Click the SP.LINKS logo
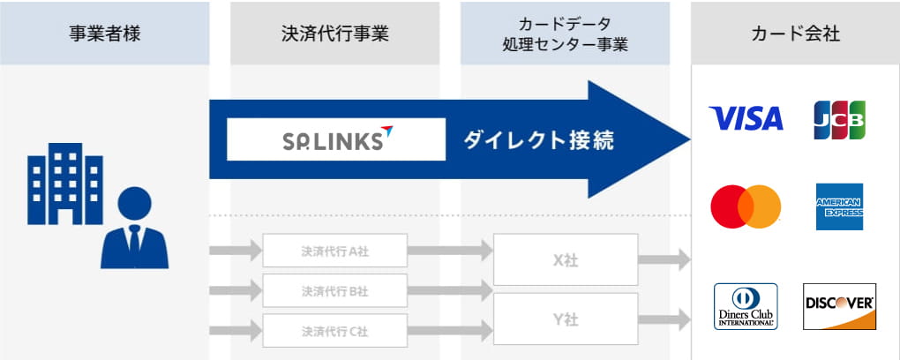coord(336,139)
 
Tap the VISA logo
coord(746,118)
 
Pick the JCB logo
coord(839,119)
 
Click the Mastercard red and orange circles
coord(746,206)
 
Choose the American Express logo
coord(839,206)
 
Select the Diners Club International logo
coord(746,306)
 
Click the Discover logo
coord(839,305)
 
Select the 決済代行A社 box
coord(334,251)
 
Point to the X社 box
coord(565,260)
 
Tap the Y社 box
coord(565,319)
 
